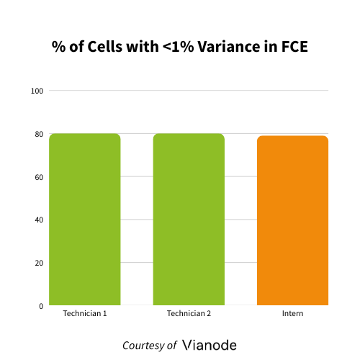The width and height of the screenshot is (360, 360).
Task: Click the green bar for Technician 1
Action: click(84, 220)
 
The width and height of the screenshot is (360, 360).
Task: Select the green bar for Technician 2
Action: click(189, 220)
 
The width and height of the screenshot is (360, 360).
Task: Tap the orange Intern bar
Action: click(292, 220)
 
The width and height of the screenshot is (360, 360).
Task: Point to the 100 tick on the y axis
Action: click(37, 91)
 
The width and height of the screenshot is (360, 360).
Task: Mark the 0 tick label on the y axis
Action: click(41, 306)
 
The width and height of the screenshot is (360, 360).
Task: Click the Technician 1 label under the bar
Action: click(84, 314)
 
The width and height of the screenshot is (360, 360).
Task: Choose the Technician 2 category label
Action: click(189, 314)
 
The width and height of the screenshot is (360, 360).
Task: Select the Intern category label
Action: click(292, 314)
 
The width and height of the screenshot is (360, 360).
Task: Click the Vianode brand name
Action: click(210, 345)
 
